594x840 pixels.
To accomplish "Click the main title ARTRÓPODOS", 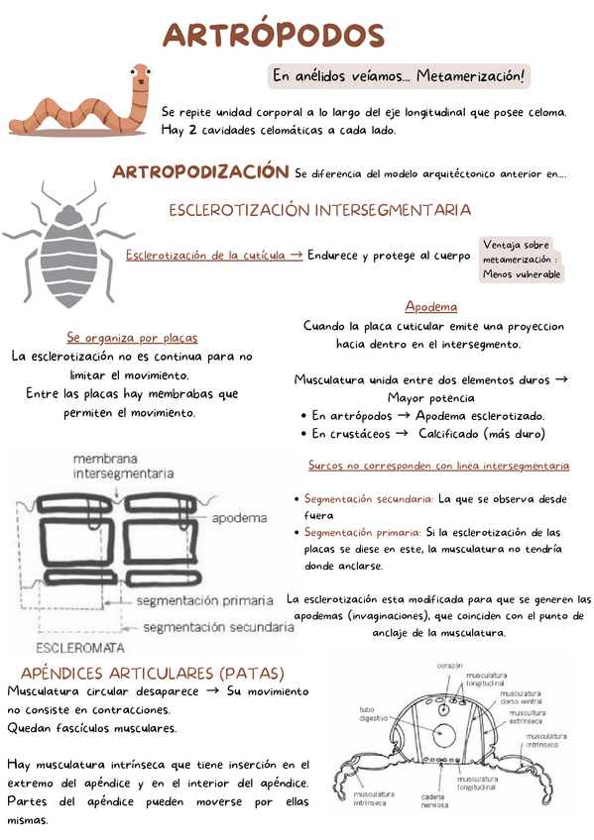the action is coord(273,36).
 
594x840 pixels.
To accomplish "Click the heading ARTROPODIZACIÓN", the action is coord(200,172).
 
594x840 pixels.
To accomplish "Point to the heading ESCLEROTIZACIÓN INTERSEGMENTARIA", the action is coord(319,211).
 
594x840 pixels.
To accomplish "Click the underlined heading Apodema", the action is coord(430,306).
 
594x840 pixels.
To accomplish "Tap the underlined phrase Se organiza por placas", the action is coord(132,337).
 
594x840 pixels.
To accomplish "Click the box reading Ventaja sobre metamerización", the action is coord(522,259).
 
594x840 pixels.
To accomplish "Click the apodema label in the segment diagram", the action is coord(239,517).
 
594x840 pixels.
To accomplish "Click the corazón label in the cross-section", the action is coord(449,666).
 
